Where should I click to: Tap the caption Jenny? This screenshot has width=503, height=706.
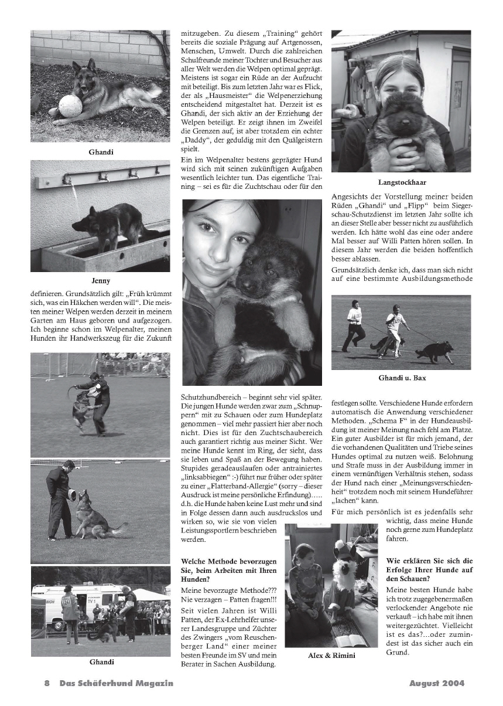101,281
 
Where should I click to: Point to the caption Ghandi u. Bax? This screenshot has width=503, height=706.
402,378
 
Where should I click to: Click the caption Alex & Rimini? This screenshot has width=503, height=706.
331,655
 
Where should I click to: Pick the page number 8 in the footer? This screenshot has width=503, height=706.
47,684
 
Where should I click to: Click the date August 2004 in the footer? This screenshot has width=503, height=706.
436,684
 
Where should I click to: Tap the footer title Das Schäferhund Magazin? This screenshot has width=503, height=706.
116,684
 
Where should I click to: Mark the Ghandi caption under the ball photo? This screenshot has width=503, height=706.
101,152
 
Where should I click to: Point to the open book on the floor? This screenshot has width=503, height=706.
350,640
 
